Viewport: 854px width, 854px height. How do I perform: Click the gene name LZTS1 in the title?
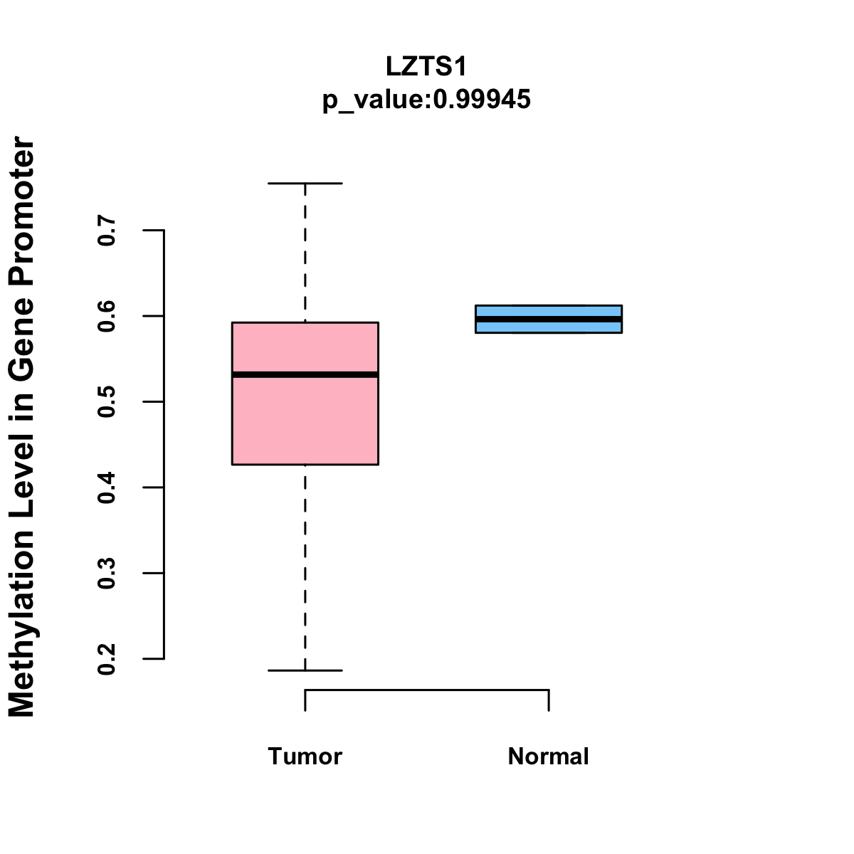point(426,67)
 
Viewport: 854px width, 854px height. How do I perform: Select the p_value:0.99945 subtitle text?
point(426,100)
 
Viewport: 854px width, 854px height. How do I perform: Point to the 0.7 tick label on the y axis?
point(107,231)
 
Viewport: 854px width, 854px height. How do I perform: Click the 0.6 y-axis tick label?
point(107,316)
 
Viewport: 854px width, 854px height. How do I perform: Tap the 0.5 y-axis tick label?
point(107,401)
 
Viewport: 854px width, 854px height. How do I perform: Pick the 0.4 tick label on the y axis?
point(107,487)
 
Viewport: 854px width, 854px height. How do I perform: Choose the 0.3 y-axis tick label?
point(107,573)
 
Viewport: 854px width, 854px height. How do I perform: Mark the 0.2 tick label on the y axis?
point(107,659)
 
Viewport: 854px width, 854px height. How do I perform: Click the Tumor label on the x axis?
point(305,757)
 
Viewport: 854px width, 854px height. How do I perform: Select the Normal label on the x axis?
point(549,757)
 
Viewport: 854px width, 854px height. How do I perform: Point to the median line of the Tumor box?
point(305,374)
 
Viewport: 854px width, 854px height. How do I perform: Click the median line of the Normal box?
point(549,319)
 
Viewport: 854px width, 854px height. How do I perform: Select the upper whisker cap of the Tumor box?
point(305,184)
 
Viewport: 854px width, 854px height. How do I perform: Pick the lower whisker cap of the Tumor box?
point(305,670)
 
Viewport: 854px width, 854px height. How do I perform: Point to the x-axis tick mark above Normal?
point(549,700)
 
